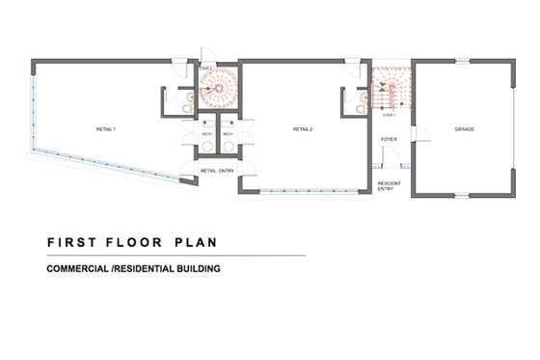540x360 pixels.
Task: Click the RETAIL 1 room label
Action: [x=105, y=128]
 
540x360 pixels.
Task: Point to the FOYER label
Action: [x=390, y=141]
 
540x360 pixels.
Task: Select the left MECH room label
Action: [x=206, y=134]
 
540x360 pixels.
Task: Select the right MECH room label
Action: [x=228, y=134]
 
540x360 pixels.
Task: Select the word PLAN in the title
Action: [x=198, y=241]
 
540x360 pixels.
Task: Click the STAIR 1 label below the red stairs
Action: [x=390, y=114]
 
